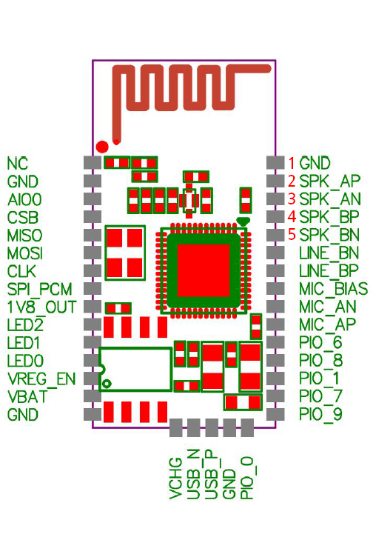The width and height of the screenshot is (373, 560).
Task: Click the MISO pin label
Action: pos(24,236)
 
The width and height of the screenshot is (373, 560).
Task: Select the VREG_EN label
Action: pos(41,379)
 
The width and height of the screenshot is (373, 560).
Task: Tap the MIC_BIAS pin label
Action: pos(333,289)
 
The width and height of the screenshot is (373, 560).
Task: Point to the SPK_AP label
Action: pos(330,181)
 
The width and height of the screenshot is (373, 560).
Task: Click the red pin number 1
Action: pos(292,163)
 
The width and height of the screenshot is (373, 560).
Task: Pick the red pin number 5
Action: pos(292,235)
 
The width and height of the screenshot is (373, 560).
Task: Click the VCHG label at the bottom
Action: pos(175,479)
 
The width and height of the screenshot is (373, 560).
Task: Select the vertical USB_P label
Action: pos(212,474)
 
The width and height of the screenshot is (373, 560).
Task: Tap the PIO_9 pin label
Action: pos(320,414)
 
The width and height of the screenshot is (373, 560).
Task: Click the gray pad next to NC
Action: pos(93,162)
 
